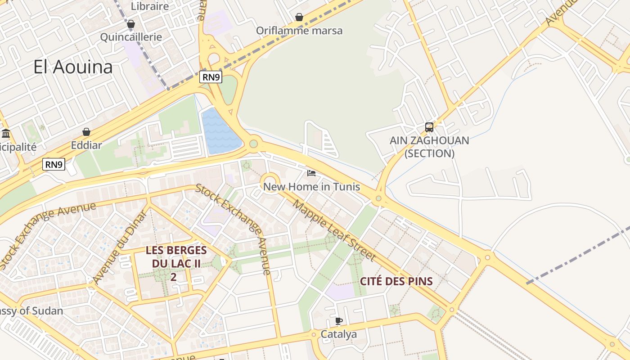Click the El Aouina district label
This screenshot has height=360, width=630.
coord(73,67)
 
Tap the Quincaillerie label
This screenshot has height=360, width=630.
coord(131,37)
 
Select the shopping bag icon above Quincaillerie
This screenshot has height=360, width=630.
coord(131,24)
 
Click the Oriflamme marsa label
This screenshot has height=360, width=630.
coord(299,31)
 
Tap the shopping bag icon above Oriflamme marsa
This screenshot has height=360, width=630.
coord(299,18)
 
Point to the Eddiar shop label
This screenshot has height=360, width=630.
coord(86,145)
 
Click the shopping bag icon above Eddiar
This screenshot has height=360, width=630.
coord(86,132)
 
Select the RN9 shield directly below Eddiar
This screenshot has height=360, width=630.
coord(54,164)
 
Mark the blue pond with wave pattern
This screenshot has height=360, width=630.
coord(220,130)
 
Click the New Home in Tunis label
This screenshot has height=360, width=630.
coord(311,186)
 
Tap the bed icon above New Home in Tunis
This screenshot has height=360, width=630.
coord(311,173)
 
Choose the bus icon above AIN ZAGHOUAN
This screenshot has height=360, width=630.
coord(429,127)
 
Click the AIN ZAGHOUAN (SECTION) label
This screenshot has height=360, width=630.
coord(429,147)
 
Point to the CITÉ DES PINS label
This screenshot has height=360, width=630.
coord(396,282)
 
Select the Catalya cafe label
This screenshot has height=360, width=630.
coord(338,334)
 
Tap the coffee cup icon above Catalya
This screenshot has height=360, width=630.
coord(338,321)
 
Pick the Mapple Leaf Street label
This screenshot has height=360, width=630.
coord(334,230)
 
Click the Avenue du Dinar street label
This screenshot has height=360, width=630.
coord(120,247)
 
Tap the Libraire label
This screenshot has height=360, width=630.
coord(150,6)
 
